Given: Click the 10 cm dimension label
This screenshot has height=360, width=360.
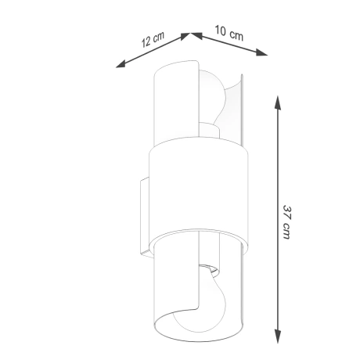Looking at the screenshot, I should (x=228, y=32).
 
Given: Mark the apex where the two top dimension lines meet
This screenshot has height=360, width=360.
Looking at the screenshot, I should (x=188, y=34).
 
